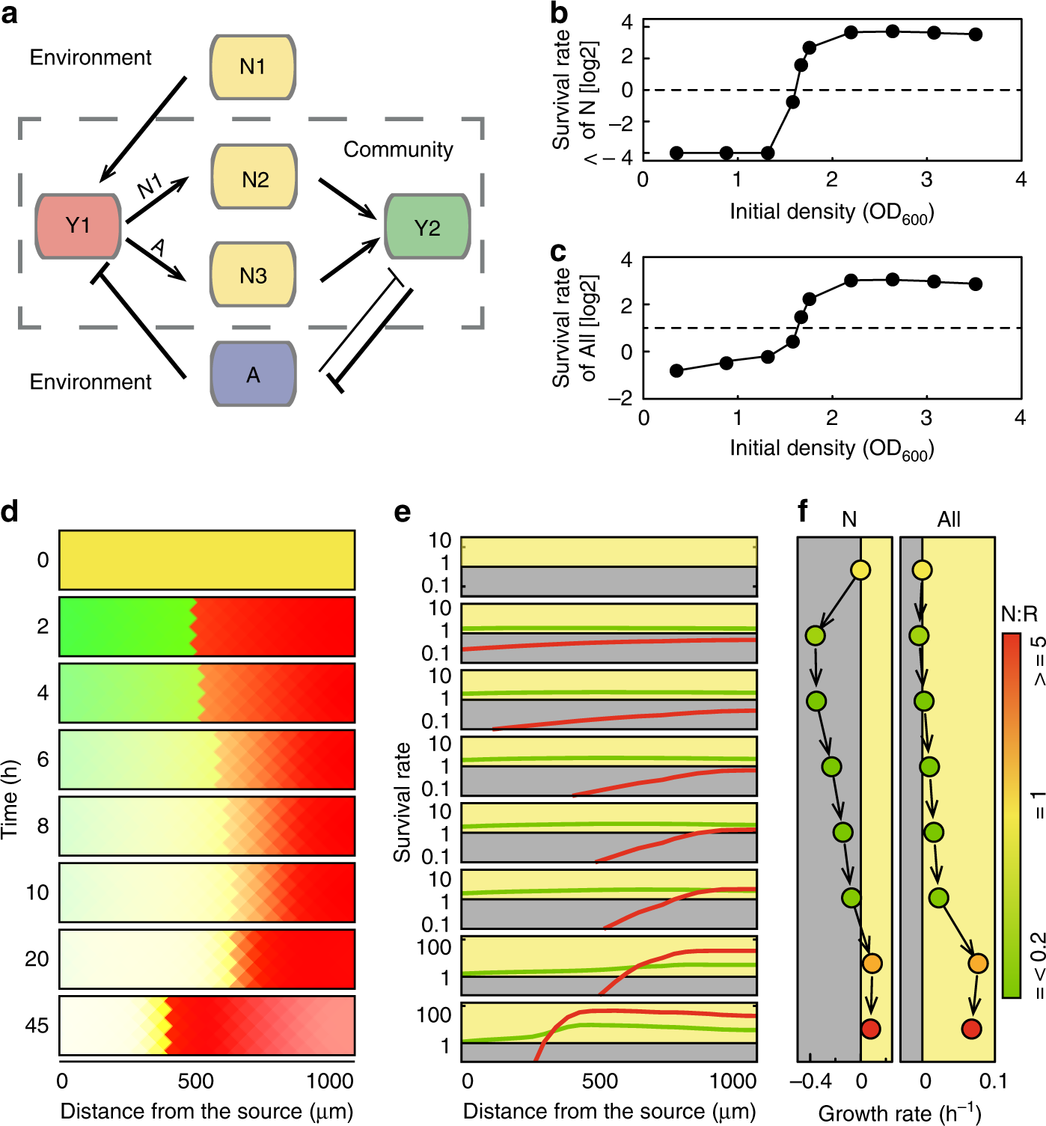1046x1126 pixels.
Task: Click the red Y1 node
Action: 78,226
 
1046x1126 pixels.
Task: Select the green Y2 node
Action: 426,227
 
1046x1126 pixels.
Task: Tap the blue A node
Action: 254,375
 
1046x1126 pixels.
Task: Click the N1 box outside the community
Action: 253,67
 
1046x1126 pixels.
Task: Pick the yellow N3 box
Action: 254,275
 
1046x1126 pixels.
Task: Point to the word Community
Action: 398,150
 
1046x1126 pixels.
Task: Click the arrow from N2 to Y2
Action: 347,198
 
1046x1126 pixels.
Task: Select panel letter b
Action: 559,13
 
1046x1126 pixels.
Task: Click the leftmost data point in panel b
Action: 676,153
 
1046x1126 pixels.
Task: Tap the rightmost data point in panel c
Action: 975,284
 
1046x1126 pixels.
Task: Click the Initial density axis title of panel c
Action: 831,448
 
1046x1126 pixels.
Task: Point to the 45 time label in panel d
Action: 37,1026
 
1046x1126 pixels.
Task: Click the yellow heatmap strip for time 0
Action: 207,560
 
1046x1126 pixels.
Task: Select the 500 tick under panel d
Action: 196,1081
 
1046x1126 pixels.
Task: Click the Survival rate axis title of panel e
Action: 403,802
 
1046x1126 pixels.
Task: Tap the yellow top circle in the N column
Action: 860,570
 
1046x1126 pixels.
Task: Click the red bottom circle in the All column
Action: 971,1029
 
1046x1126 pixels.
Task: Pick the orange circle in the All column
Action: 978,963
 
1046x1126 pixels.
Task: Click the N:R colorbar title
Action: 1019,615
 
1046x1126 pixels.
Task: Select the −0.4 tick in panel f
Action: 811,1081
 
